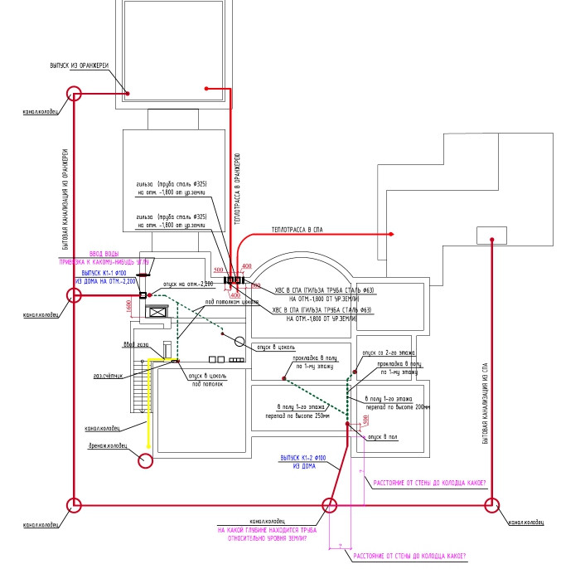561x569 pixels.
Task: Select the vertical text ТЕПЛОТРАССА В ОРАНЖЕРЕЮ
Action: (237, 189)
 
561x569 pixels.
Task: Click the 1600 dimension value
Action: (129, 306)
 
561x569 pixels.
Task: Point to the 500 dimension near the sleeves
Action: (219, 270)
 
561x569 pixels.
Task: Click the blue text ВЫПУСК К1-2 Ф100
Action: (304, 457)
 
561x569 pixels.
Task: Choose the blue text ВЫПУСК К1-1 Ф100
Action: (103, 272)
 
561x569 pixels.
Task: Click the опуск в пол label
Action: (384, 435)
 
